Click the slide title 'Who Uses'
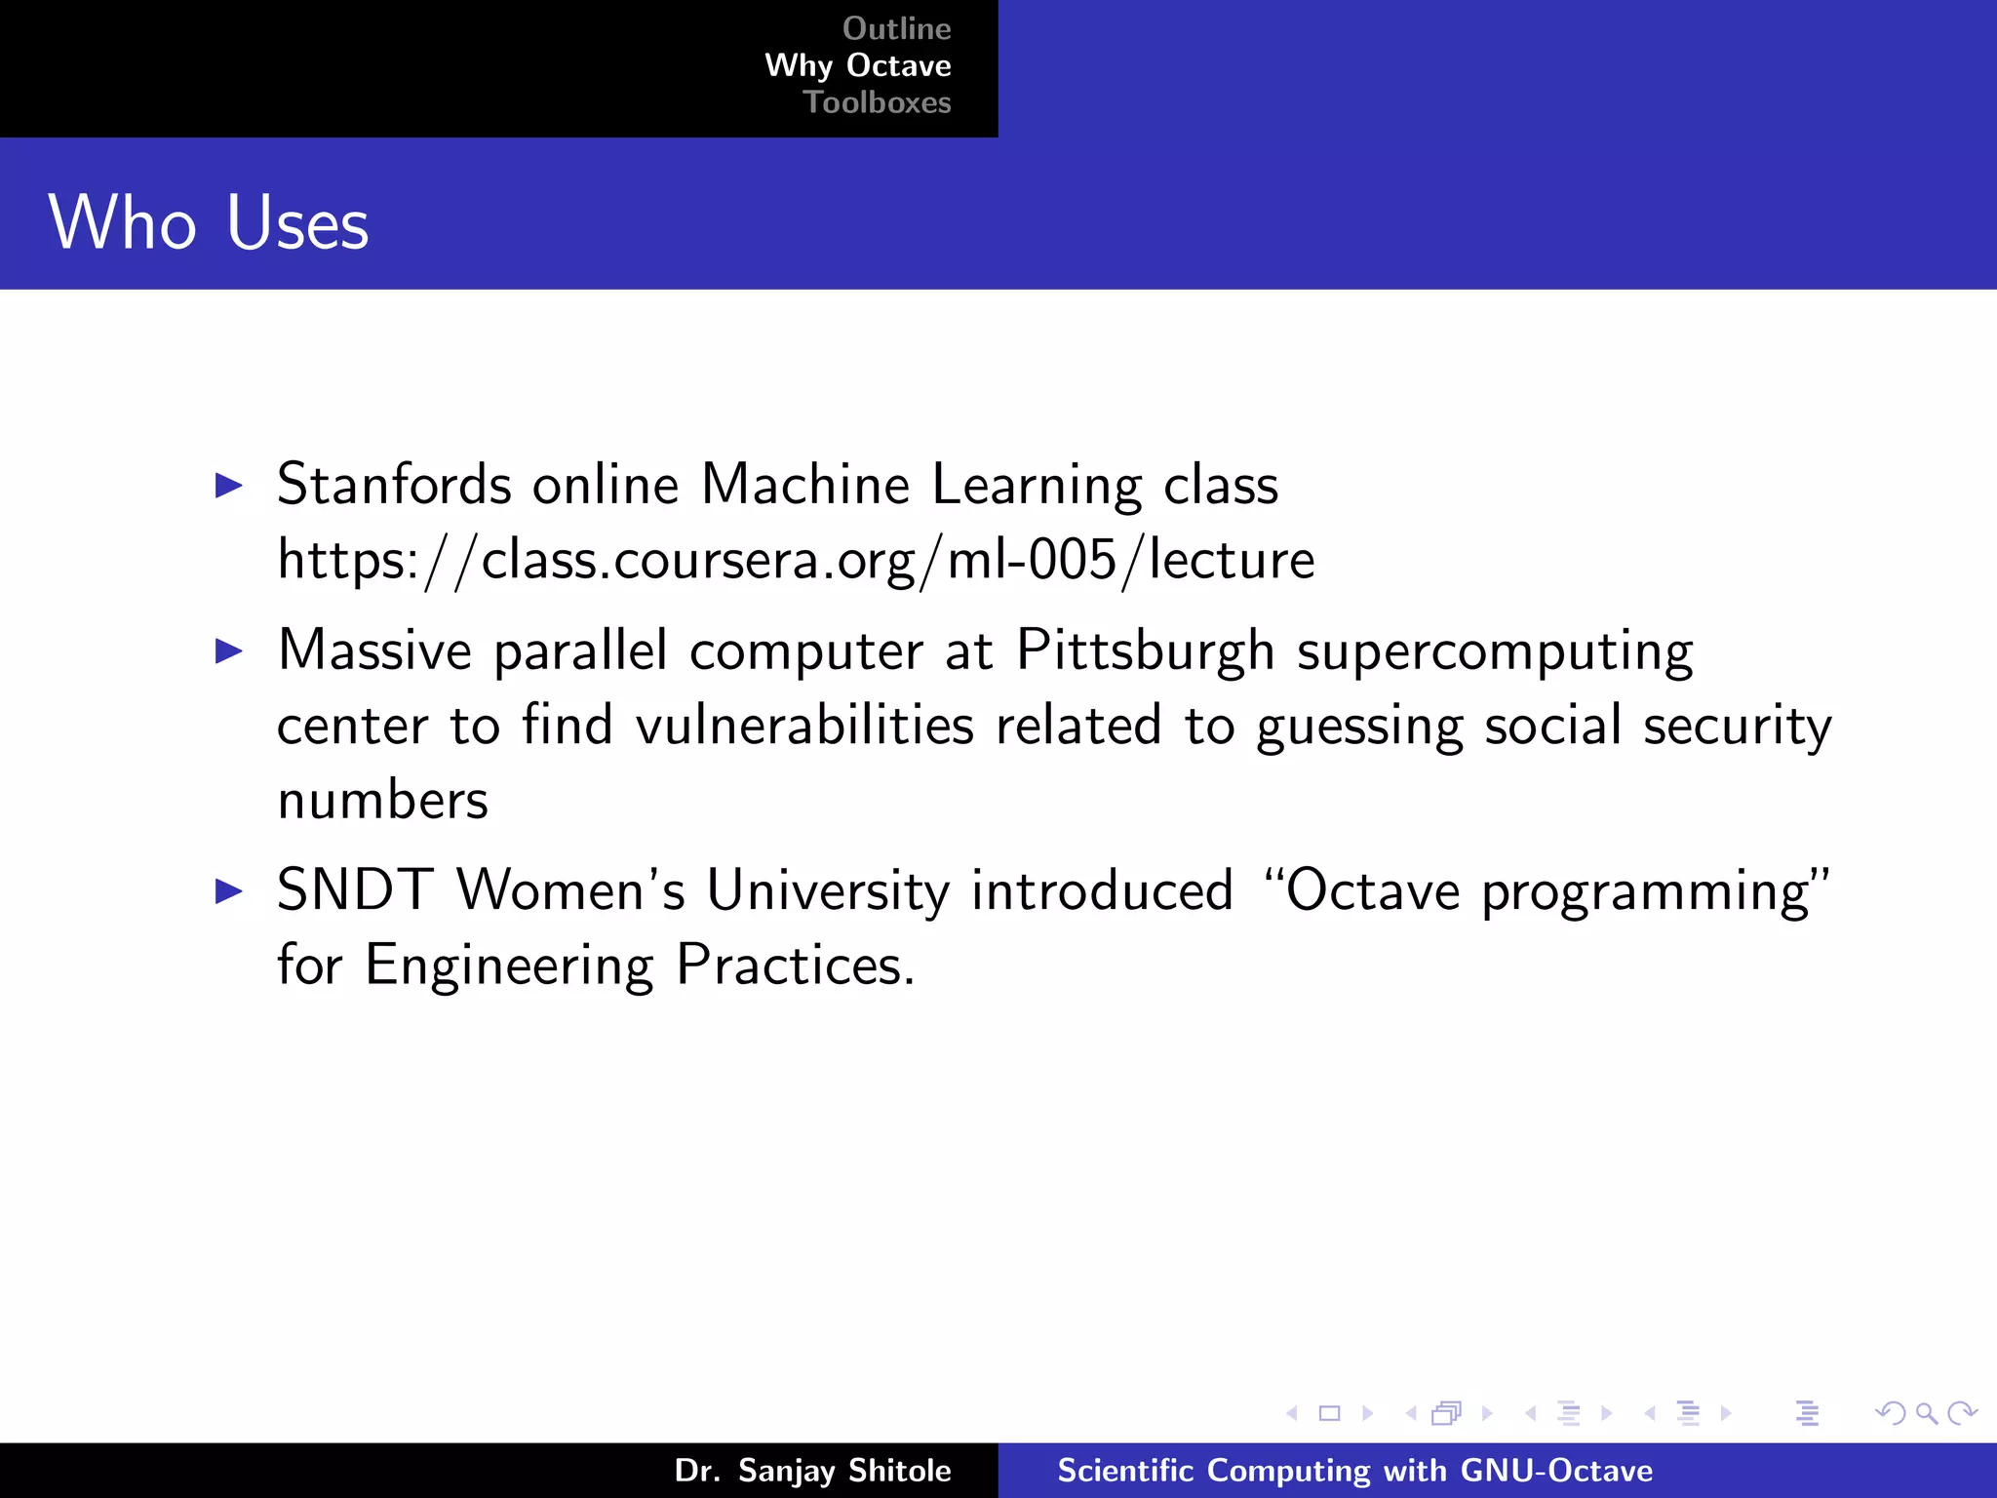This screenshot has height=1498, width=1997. pos(209,222)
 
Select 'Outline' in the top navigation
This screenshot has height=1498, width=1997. pos(896,28)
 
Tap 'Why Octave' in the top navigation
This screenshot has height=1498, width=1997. pos(857,65)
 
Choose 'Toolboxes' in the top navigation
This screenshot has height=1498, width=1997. pos(877,102)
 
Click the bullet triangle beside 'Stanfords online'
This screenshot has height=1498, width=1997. pos(228,485)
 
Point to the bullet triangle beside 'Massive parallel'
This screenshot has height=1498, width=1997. pos(228,650)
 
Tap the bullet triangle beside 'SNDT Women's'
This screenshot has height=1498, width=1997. pos(228,890)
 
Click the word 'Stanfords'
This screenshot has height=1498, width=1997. pos(394,485)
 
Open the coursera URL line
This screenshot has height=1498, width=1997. pos(796,560)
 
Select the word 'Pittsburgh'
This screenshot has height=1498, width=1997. pos(1145,650)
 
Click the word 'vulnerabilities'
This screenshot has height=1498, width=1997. pos(804,726)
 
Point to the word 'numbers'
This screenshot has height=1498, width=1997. pos(382,801)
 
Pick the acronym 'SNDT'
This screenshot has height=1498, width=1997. pos(355,890)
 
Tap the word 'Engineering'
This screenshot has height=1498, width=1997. pos(508,966)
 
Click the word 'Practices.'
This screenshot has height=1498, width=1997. pos(795,966)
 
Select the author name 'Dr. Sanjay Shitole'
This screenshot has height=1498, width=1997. pos(812,1471)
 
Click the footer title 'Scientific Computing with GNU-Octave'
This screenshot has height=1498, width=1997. pos(1354,1471)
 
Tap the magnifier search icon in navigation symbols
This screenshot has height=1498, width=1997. pos(1926,1413)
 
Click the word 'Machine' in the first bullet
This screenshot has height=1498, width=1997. pos(805,485)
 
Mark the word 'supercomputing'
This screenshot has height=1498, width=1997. pos(1495,650)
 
